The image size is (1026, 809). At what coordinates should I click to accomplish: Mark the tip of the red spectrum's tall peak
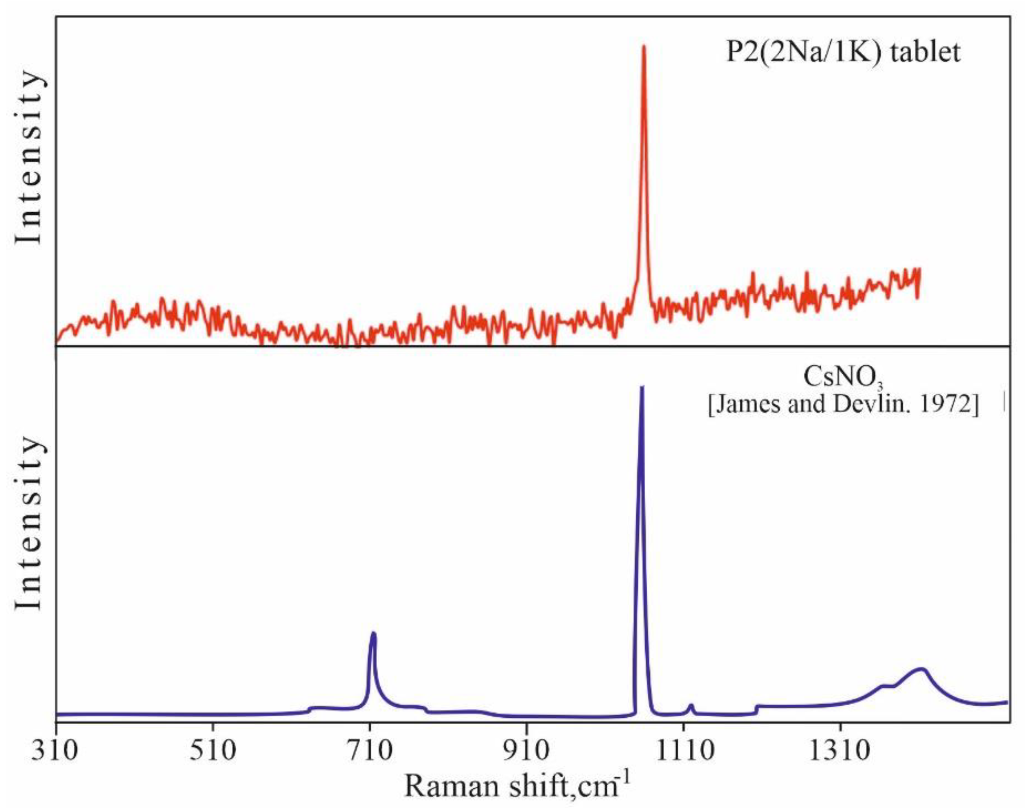(x=643, y=46)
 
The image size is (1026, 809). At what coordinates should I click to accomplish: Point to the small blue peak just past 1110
(x=691, y=706)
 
